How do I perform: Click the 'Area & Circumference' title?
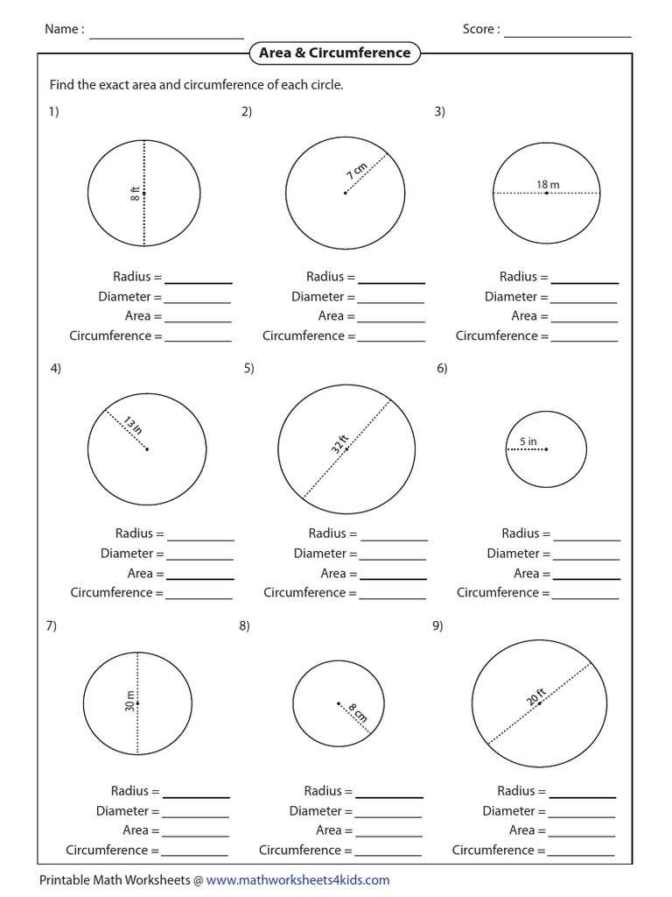[334, 53]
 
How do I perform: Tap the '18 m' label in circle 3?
[548, 184]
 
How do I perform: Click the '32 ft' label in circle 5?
[339, 443]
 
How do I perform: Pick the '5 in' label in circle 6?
[528, 441]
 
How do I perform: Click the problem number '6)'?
[442, 369]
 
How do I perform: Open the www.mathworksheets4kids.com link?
[297, 880]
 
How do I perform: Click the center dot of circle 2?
[345, 194]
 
